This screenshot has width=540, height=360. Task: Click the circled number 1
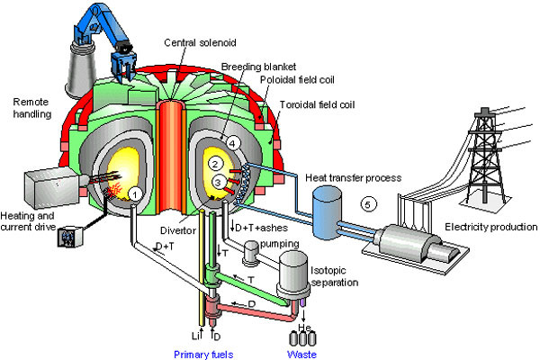(x=134, y=192)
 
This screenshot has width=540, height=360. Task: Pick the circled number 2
(x=216, y=165)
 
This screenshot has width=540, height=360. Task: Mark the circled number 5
(x=365, y=202)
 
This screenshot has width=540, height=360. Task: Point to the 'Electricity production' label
(x=490, y=226)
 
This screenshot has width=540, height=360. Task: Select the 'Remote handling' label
(x=29, y=109)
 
